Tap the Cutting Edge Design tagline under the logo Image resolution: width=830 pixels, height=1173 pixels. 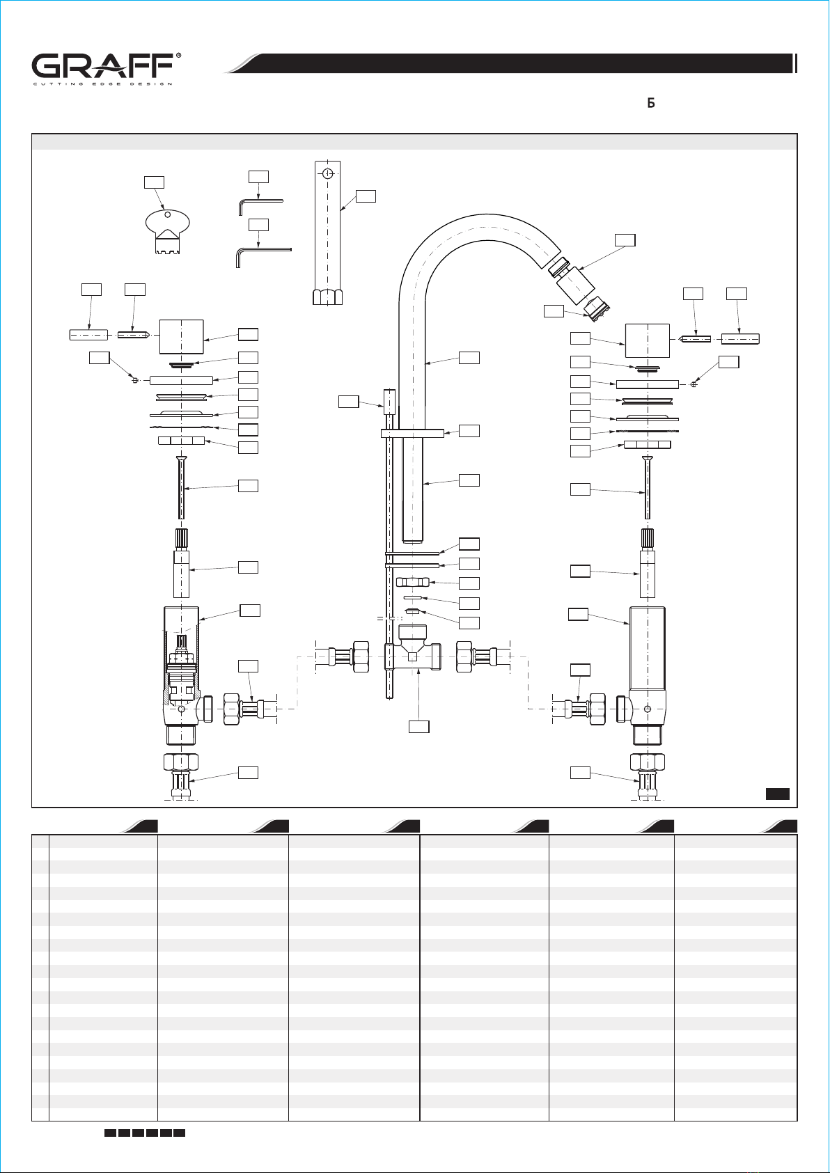click(102, 84)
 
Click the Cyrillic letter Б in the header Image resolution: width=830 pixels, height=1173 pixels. click(651, 102)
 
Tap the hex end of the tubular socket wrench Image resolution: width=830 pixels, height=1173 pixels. click(328, 297)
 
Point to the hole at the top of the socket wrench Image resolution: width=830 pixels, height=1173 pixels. click(328, 173)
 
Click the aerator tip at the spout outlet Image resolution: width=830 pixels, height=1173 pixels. click(596, 310)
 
